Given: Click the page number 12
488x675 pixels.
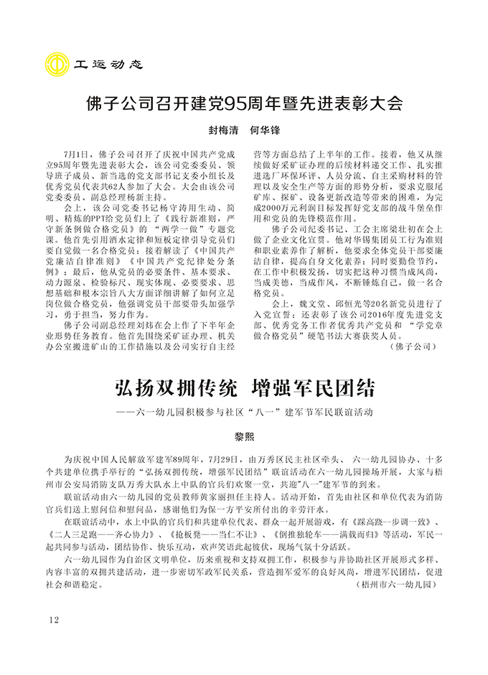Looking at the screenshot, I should [x=54, y=620].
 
